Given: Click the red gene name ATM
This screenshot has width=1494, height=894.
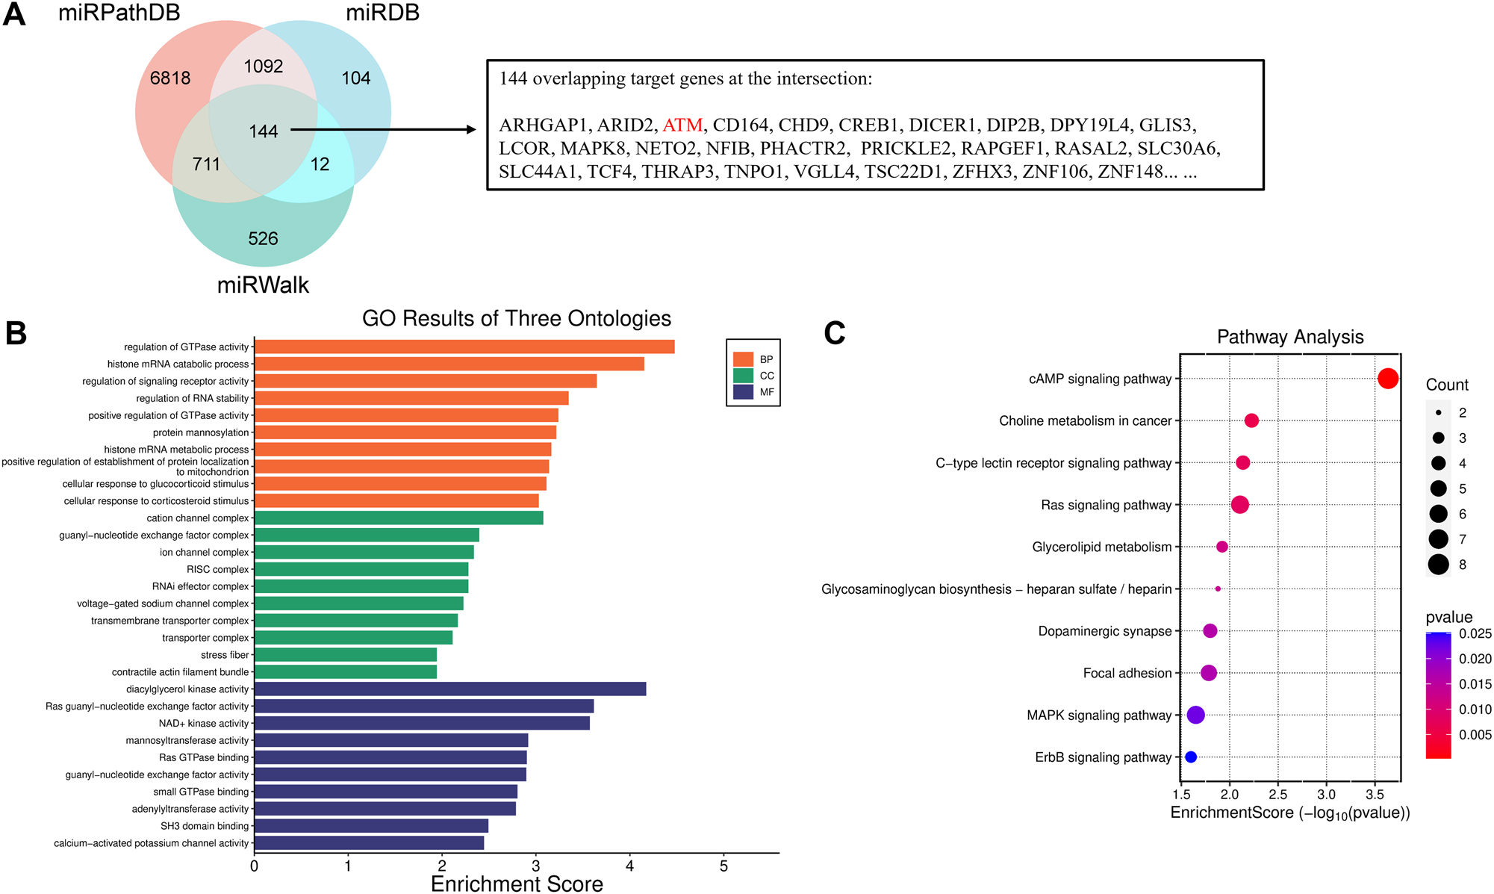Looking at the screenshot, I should (x=682, y=125).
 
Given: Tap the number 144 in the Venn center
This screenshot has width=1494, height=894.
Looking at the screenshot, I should (x=263, y=131).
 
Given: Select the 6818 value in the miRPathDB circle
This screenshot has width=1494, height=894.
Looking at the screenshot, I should (x=170, y=78).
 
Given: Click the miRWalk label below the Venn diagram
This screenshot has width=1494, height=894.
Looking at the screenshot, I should (x=263, y=285).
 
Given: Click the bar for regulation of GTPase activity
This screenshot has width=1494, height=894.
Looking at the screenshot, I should (x=464, y=347).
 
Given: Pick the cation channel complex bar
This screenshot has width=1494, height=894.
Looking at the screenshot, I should (x=398, y=518).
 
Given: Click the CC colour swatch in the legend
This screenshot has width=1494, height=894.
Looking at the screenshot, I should (x=743, y=376).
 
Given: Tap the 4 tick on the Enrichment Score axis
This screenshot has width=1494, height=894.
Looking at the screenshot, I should (x=630, y=866).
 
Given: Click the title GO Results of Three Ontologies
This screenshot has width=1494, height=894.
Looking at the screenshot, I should (x=516, y=319).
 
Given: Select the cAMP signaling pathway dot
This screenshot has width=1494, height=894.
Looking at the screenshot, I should (x=1387, y=379).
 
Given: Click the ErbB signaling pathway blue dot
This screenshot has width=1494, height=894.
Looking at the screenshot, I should (x=1191, y=757).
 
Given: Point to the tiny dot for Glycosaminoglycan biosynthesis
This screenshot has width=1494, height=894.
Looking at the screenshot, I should (x=1218, y=589).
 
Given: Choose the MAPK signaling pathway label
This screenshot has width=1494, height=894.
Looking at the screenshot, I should (x=1099, y=715).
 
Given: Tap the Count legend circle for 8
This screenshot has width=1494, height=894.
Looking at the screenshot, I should (x=1438, y=565).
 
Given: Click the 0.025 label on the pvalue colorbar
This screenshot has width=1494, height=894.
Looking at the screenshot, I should (x=1475, y=633).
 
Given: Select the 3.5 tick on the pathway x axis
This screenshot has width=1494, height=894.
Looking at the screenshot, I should (x=1375, y=794).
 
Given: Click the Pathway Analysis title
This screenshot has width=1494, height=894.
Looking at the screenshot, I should (x=1289, y=337).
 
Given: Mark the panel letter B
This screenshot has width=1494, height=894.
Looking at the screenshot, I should (x=16, y=334).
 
